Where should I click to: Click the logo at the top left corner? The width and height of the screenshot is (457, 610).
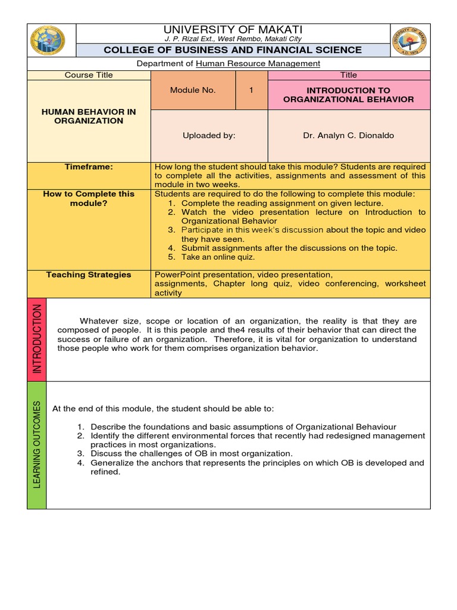(x=47, y=41)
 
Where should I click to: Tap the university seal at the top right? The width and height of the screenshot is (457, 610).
(x=409, y=41)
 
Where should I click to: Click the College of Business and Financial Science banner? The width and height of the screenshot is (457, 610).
(x=233, y=50)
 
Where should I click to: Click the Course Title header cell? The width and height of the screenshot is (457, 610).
(x=89, y=75)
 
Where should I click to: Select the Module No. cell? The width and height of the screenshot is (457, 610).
(x=193, y=91)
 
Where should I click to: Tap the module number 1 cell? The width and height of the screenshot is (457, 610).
(x=252, y=91)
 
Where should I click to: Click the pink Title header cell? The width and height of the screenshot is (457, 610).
(x=349, y=75)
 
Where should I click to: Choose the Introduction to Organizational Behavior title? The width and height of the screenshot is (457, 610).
(x=349, y=95)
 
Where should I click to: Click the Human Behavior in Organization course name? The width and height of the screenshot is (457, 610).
(x=89, y=116)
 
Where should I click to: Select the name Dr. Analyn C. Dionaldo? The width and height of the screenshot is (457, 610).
(x=349, y=135)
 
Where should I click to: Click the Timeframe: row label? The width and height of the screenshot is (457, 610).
(x=89, y=167)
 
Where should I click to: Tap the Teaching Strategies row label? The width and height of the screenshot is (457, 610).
(x=89, y=275)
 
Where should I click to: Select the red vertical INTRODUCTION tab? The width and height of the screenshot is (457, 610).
(x=37, y=339)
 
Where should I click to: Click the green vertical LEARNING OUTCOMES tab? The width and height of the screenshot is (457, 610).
(x=37, y=445)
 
